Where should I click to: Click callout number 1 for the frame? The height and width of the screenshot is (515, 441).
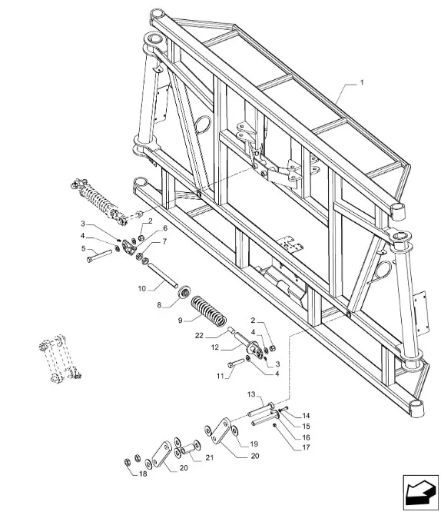(x=362, y=82)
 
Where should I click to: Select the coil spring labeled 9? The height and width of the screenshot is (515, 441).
(x=209, y=311)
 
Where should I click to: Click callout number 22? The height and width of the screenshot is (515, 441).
(x=199, y=336)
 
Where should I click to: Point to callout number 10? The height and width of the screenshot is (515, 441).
(x=141, y=289)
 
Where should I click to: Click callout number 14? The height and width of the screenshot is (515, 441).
(x=306, y=416)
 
